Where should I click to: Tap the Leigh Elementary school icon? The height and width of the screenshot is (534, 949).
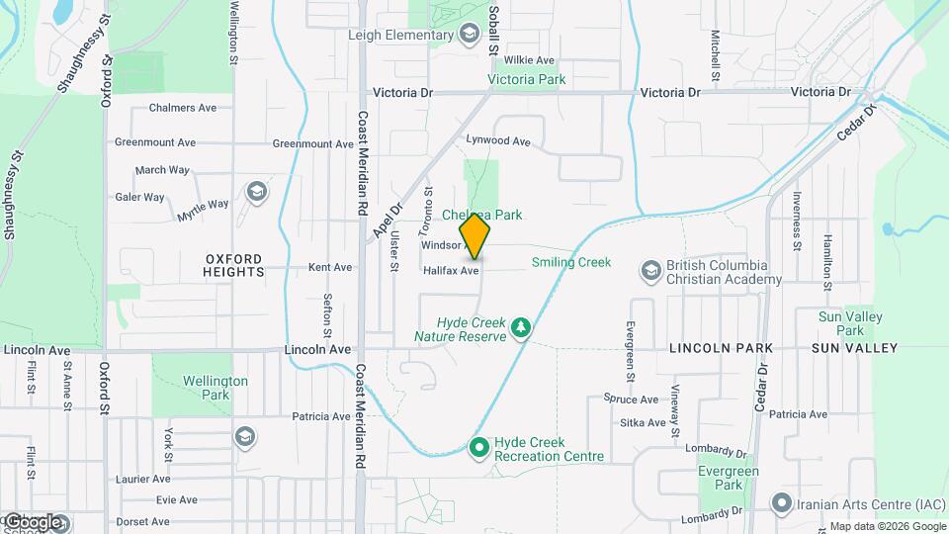(x=469, y=36)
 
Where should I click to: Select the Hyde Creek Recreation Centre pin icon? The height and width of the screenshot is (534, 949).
(x=479, y=448)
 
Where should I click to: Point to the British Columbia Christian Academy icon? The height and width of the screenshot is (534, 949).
(x=650, y=270)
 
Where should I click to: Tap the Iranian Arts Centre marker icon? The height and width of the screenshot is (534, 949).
(x=782, y=504)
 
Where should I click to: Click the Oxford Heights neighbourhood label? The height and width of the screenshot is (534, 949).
(x=234, y=265)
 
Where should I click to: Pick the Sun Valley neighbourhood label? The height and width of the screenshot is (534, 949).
(x=854, y=348)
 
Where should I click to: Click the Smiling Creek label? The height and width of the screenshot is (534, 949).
(x=570, y=262)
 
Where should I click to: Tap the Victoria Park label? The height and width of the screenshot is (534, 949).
(x=526, y=79)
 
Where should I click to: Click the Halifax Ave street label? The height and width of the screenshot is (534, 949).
(x=451, y=270)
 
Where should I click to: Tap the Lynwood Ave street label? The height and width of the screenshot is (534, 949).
(x=498, y=141)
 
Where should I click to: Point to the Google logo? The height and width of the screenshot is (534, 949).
(x=33, y=521)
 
